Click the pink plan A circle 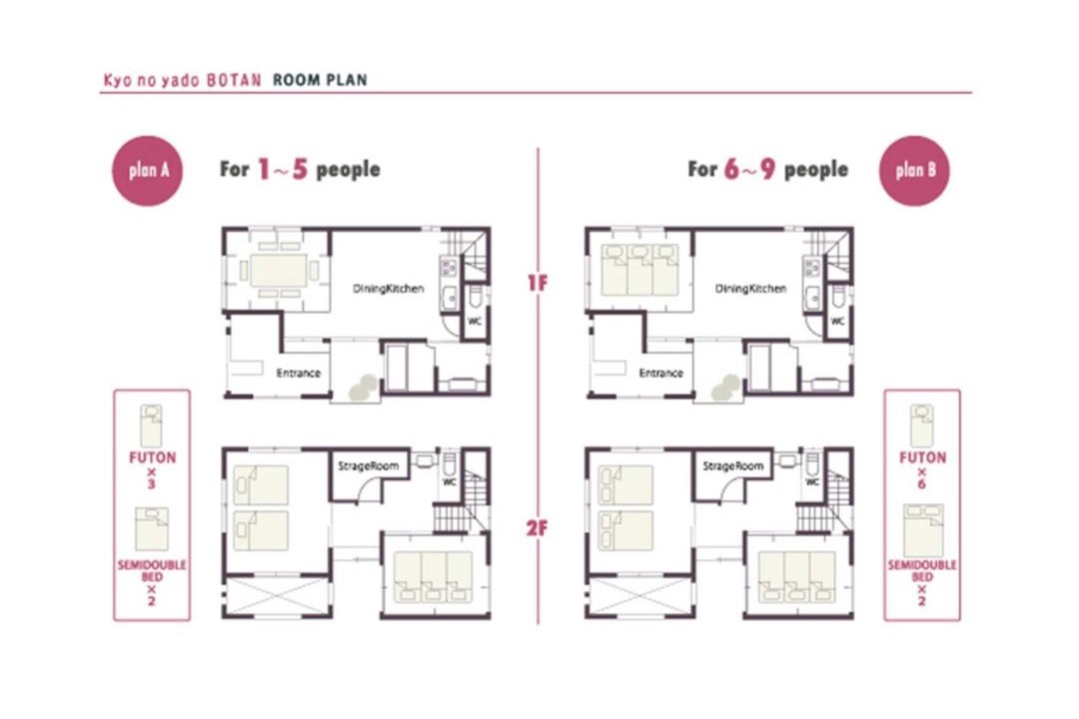tap(147, 171)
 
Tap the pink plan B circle tap(914, 171)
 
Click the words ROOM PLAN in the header tap(320, 80)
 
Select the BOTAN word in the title tap(234, 80)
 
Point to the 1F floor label tap(538, 282)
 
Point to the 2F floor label tap(538, 528)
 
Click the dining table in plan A tap(279, 271)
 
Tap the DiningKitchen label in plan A tap(388, 289)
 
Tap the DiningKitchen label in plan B tap(750, 289)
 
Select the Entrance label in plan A tap(299, 372)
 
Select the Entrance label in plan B tap(661, 372)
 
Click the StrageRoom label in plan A tap(368, 465)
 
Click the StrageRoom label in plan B tap(733, 465)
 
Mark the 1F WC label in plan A tap(475, 322)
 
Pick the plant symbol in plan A tap(363, 387)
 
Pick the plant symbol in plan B tap(725, 387)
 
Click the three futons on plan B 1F tap(639, 271)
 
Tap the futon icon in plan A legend tap(152, 425)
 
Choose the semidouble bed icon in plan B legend tap(923, 530)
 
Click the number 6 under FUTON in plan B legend tap(921, 483)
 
